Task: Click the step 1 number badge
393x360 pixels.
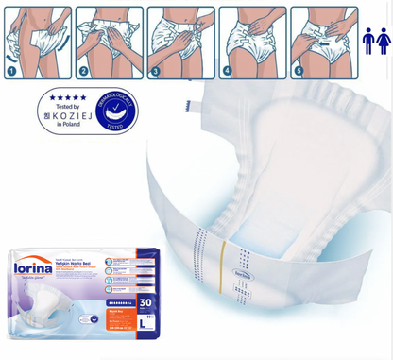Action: (12, 70)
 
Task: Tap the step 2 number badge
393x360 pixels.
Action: (84, 70)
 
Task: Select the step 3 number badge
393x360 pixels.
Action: (156, 70)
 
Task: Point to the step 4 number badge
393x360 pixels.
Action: (227, 70)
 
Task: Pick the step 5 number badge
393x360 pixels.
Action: (299, 70)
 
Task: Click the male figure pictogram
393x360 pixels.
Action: (368, 40)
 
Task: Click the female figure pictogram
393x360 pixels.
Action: (383, 40)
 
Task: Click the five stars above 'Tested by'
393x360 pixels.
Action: (68, 96)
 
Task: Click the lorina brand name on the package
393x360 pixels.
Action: (34, 267)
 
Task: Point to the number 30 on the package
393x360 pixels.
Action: (145, 303)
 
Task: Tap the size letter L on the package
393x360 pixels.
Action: (143, 323)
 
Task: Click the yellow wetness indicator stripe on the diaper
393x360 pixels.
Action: (224, 256)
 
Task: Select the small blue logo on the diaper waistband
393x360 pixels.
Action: (243, 275)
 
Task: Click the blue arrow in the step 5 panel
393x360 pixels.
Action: (327, 43)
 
